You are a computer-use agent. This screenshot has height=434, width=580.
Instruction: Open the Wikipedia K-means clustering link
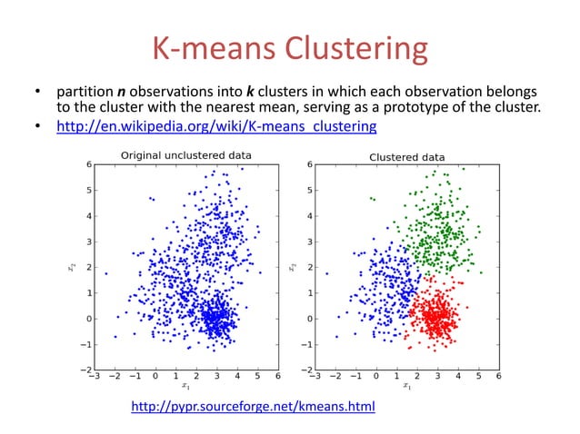pos(216,126)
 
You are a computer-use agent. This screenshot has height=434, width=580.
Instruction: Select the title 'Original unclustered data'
pos(186,155)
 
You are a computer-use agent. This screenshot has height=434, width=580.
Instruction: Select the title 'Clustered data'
pos(406,156)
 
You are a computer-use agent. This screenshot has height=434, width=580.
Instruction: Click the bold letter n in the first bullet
pos(121,92)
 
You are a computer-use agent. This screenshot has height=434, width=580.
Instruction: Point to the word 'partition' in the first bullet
pos(85,92)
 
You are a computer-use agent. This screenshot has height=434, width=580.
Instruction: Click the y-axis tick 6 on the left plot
pos(88,164)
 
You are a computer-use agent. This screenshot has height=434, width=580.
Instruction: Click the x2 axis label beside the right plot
pos(292,267)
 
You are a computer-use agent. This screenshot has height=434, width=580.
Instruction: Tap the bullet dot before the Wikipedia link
pos(38,126)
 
